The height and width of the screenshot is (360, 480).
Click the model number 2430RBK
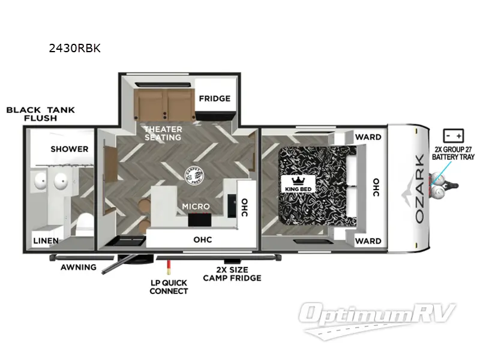[x=74, y=49]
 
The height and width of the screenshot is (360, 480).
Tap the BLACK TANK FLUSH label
[x=40, y=114]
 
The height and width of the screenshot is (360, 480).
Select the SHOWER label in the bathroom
[x=69, y=149]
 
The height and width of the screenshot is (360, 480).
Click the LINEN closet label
[x=46, y=241]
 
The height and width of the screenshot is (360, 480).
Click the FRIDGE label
[x=214, y=98]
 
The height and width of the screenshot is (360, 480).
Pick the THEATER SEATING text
[x=162, y=133]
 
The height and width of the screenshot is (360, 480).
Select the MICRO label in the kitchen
[x=196, y=206]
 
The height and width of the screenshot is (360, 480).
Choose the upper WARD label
[x=368, y=137]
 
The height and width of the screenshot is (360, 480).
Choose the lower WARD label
[x=368, y=241]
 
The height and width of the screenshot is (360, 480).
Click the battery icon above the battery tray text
[x=451, y=134]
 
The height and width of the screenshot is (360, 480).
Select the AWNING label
[x=78, y=267]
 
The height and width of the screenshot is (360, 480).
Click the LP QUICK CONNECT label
[x=169, y=287]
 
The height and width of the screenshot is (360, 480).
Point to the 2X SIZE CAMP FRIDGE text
[x=232, y=274]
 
